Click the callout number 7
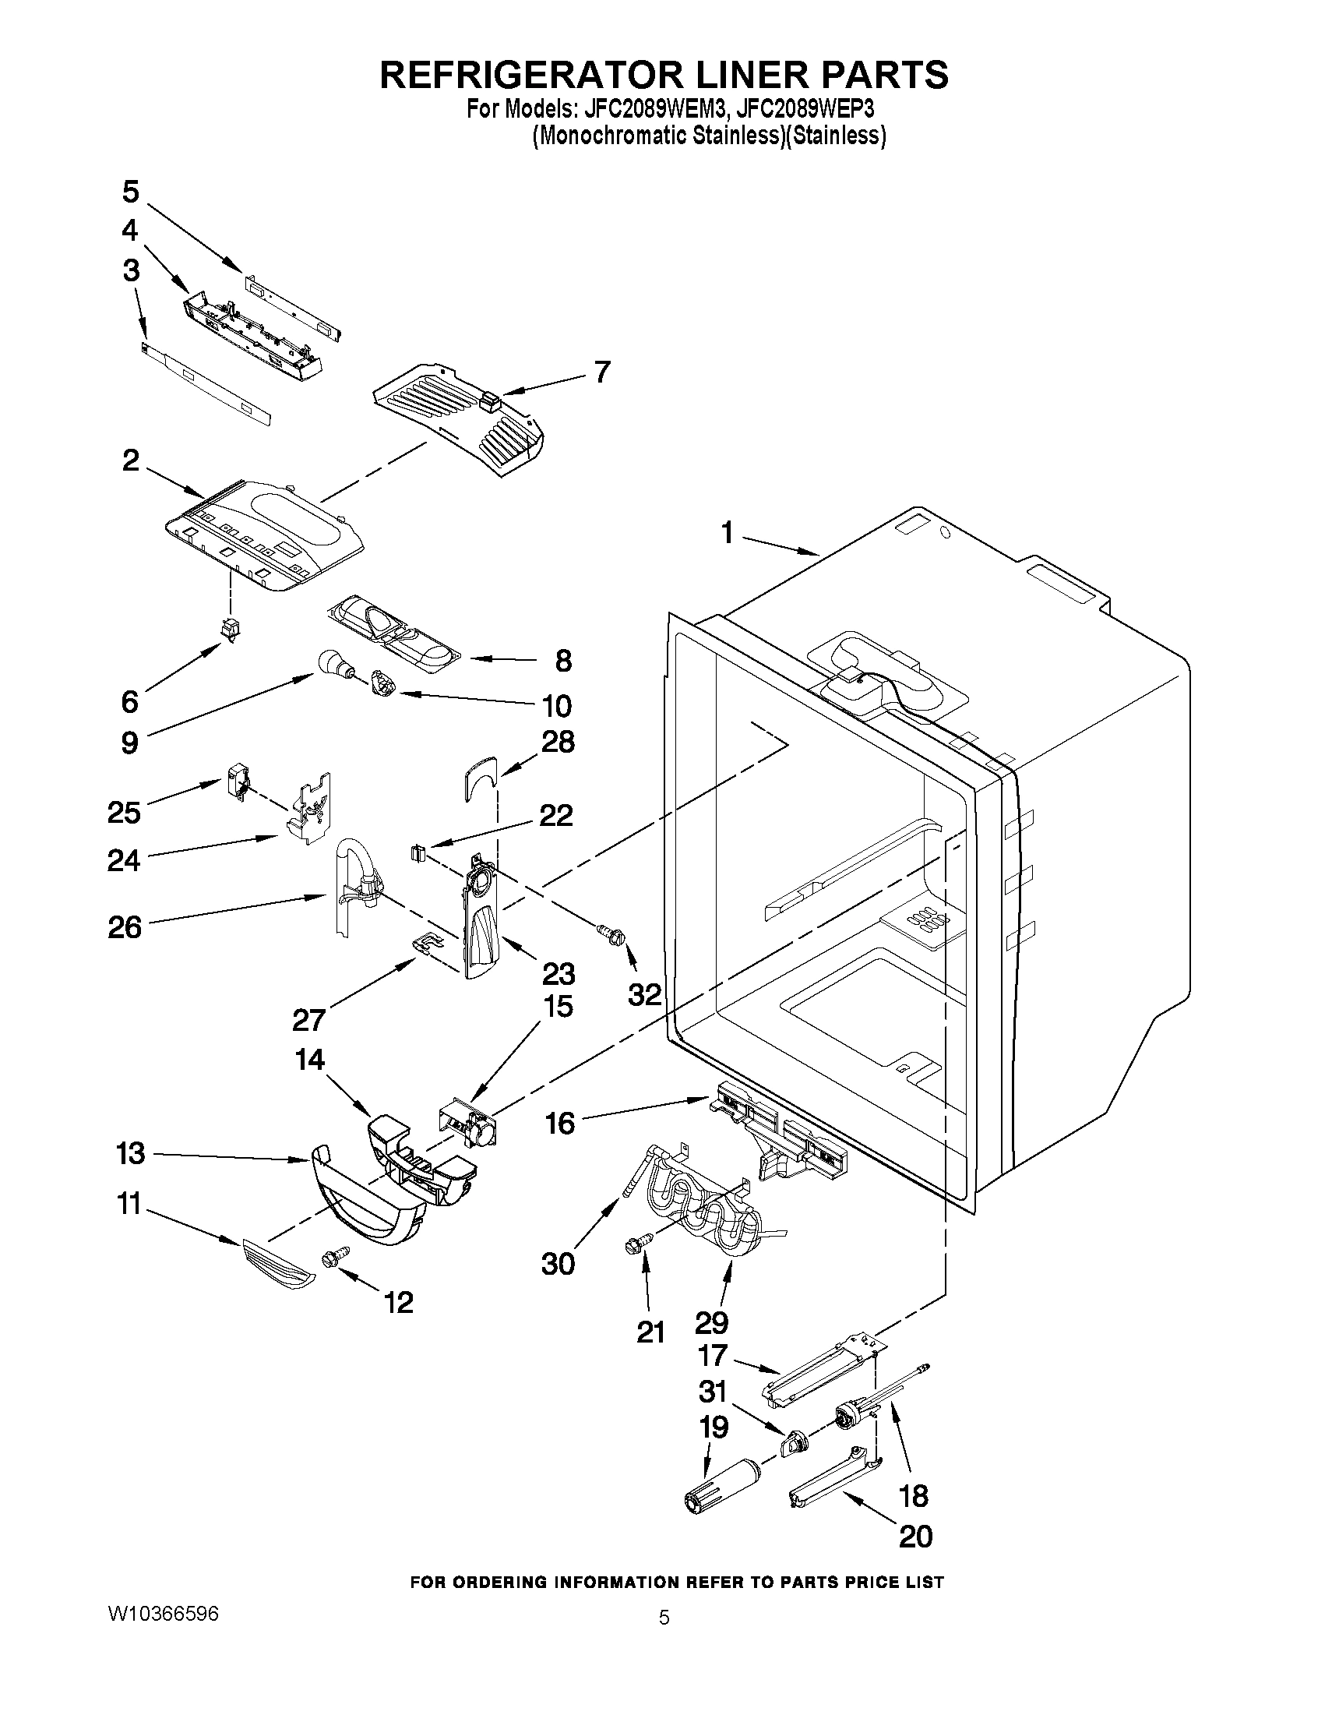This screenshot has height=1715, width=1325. point(602,371)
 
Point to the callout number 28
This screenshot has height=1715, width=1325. point(557,741)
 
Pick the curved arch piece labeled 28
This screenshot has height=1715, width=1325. point(479,777)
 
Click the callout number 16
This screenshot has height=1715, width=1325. point(560,1123)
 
